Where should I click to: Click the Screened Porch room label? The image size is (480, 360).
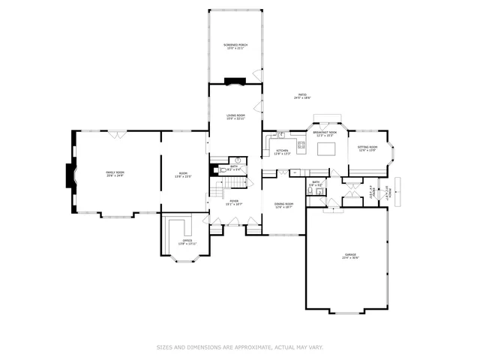click(235, 46)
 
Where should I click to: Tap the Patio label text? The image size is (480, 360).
click(302, 96)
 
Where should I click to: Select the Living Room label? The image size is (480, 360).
click(236, 117)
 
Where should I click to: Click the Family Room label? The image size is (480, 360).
click(115, 174)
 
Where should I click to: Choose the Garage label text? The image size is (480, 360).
click(350, 256)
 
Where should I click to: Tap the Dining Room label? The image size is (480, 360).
click(283, 205)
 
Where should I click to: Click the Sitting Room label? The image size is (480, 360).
click(367, 148)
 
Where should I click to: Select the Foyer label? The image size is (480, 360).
click(234, 202)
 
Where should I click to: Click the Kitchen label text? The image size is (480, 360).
click(282, 152)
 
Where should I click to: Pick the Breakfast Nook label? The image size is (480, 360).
click(325, 133)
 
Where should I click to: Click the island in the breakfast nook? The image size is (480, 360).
click(326, 148)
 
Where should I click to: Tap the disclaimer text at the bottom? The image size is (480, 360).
click(239, 347)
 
